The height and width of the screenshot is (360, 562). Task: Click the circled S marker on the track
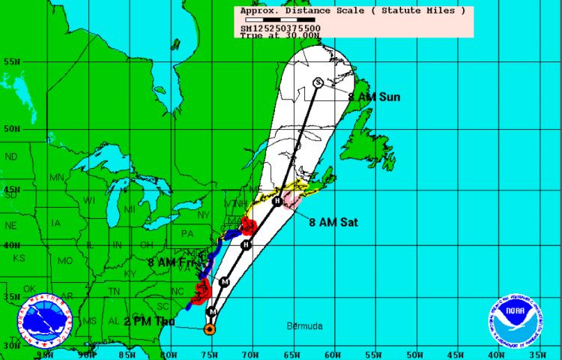(318, 82)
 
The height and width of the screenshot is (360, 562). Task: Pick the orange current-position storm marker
(210, 328)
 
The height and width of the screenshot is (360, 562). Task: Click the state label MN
(57, 178)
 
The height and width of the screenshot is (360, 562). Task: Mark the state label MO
(65, 260)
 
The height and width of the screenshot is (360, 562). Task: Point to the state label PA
(187, 233)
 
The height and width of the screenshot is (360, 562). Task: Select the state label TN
(113, 291)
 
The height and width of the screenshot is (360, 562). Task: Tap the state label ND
(11, 157)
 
